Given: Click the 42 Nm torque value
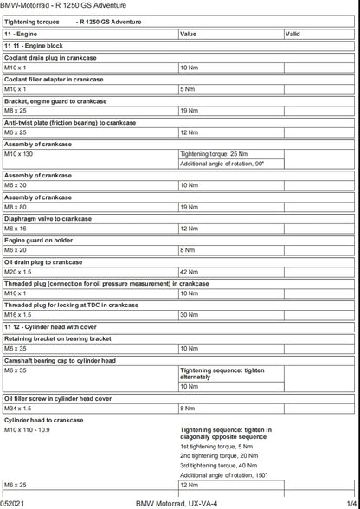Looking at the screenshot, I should [189, 272].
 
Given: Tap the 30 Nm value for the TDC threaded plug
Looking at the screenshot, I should [189, 315].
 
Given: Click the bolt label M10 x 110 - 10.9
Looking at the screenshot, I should [28, 429].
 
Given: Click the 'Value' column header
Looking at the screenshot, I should [188, 34].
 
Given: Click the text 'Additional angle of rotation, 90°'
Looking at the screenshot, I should [222, 163].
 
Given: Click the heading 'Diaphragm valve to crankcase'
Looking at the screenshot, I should [48, 219].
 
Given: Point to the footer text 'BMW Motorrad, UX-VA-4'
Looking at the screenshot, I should [177, 502].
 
